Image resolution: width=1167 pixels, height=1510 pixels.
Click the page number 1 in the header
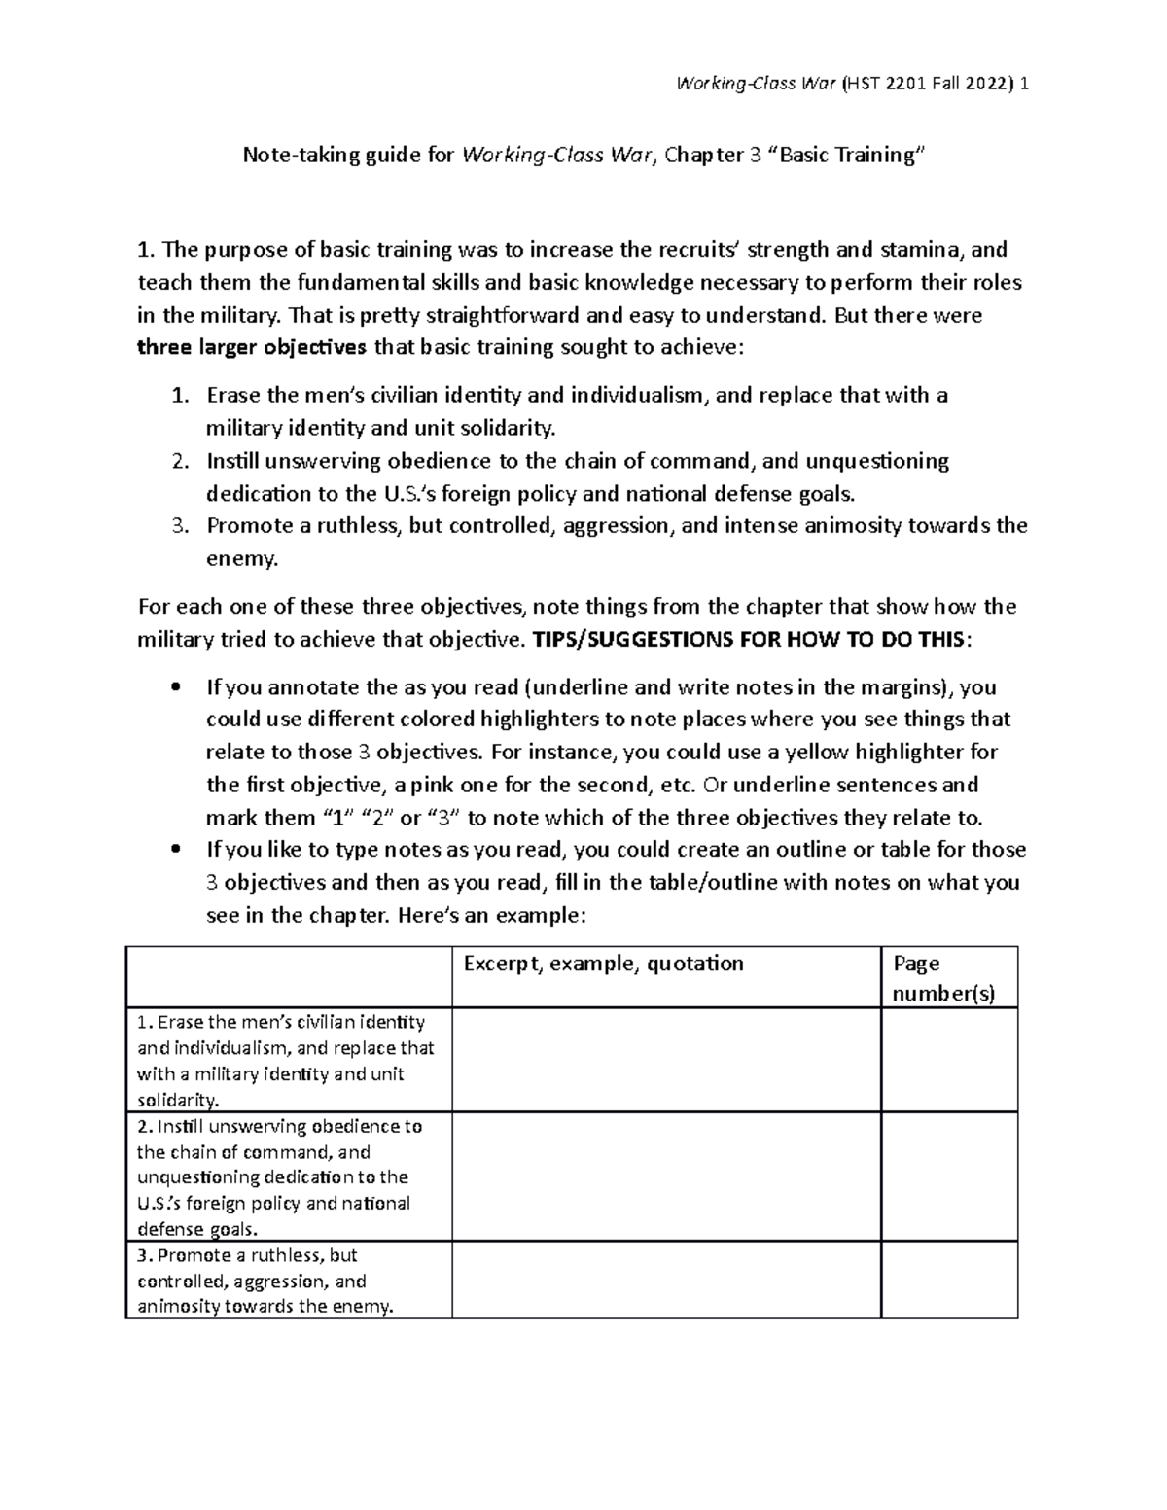pos(1024,84)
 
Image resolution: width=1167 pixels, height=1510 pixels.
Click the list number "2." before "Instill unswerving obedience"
pos(179,461)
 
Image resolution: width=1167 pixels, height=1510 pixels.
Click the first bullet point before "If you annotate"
pos(175,688)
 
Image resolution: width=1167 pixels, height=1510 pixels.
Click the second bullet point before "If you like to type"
pos(175,851)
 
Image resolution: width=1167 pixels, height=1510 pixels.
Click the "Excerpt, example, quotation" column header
pos(603,964)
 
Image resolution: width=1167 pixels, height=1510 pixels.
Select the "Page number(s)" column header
pos(942,978)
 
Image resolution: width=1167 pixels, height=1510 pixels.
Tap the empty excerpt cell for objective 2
pos(666,1176)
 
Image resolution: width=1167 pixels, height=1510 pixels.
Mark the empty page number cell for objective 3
pos(948,1280)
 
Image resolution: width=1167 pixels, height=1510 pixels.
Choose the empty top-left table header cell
pos(289,977)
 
